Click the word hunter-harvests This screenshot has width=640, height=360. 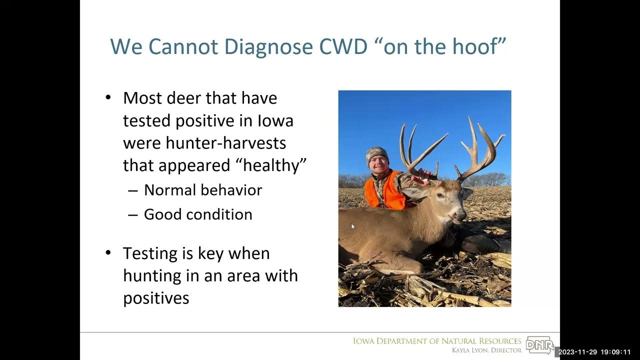[204, 143]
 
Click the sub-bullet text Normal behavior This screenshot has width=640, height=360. [202, 190]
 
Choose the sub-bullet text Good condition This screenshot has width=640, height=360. [198, 214]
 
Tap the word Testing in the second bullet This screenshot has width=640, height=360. [151, 253]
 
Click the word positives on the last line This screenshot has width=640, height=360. [156, 298]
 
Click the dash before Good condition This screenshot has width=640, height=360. [132, 215]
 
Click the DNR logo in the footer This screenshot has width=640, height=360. [539, 345]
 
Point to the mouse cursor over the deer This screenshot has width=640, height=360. [352, 226]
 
